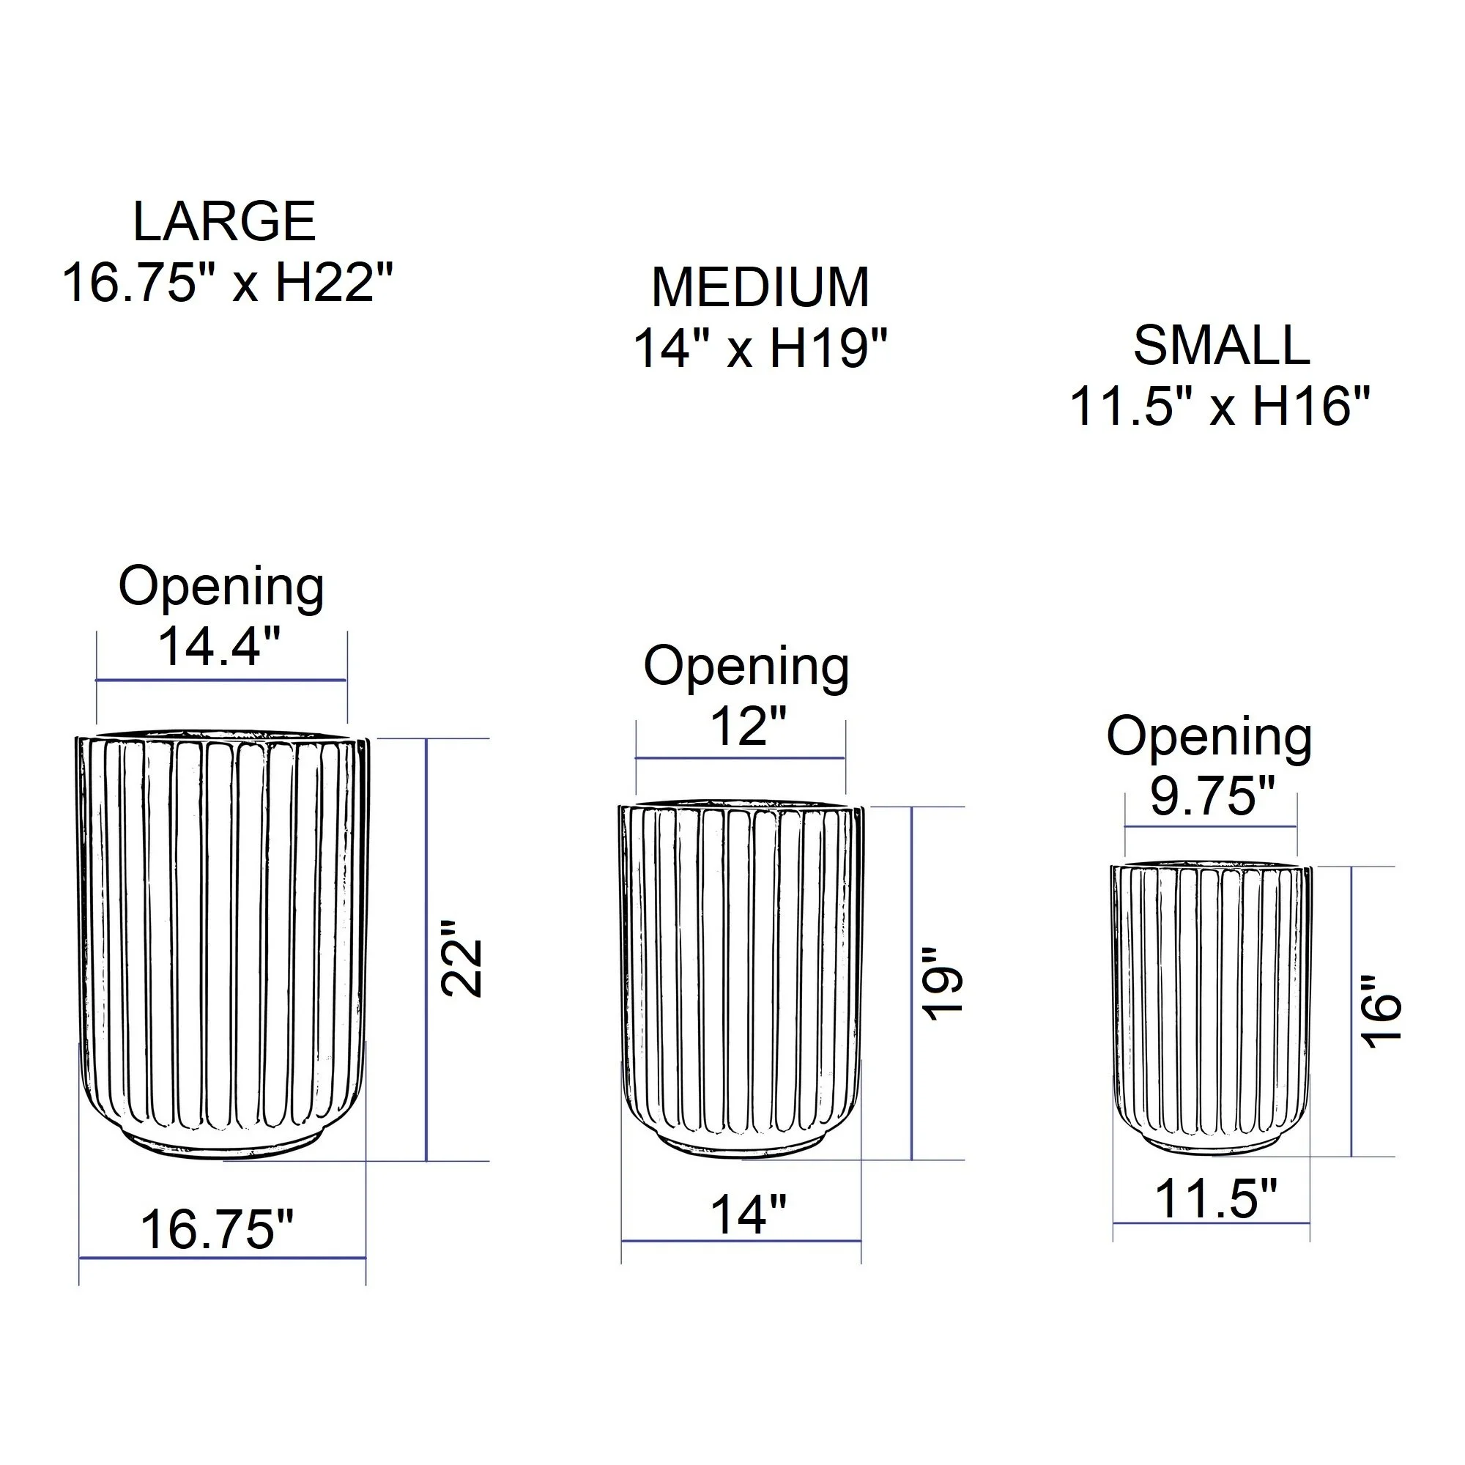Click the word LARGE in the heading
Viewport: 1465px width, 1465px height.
[224, 221]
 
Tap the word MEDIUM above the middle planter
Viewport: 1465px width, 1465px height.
[760, 287]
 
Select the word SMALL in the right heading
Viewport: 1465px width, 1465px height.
[1222, 346]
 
